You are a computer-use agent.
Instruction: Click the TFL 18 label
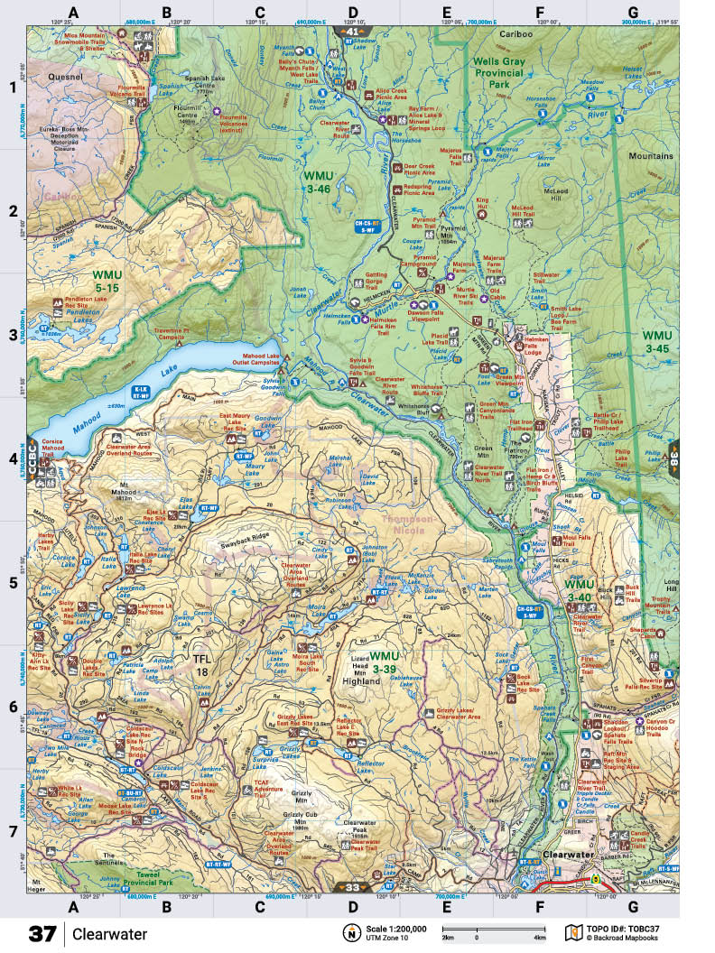[203, 665]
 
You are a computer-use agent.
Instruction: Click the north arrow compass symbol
[348, 933]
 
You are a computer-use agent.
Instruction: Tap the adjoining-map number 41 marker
[352, 31]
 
